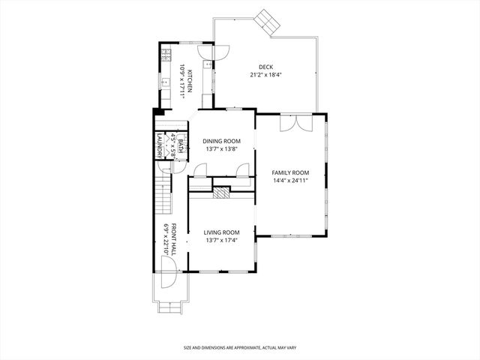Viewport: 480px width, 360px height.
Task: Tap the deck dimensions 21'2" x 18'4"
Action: point(265,75)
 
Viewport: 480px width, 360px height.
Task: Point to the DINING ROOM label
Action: point(221,141)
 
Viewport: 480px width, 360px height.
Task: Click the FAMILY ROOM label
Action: point(289,172)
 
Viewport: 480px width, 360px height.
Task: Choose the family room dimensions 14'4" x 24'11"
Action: point(289,181)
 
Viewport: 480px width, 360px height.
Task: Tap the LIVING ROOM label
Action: point(221,232)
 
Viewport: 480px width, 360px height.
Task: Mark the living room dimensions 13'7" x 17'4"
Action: point(221,241)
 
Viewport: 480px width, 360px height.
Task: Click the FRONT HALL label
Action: point(173,239)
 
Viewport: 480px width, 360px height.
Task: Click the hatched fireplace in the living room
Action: point(221,193)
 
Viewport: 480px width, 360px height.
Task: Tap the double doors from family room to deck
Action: point(293,122)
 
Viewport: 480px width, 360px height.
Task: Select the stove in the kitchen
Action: point(166,55)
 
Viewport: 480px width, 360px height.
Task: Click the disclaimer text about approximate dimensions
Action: point(239,348)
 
